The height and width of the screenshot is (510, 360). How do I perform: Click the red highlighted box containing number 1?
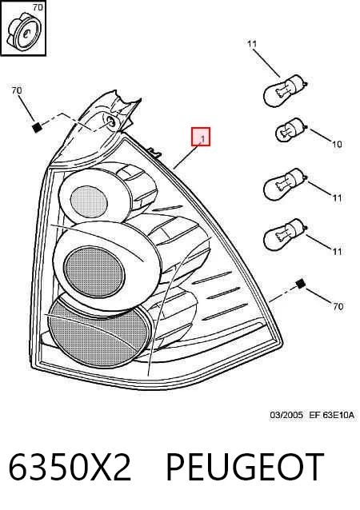201,137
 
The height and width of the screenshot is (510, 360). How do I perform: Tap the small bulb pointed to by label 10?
290,130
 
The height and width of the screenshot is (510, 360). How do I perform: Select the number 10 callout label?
337,143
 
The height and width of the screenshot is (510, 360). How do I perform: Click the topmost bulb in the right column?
285,90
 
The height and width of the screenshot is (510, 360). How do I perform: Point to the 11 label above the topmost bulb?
252,44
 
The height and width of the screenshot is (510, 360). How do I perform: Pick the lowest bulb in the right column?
285,234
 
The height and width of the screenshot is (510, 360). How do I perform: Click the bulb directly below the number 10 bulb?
285,184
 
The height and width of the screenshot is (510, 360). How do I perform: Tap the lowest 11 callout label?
337,251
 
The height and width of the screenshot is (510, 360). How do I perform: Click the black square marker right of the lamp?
301,284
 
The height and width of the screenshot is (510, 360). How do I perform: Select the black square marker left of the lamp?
37,127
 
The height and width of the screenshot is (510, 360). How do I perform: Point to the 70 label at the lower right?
338,306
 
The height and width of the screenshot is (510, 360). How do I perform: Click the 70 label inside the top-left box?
38,7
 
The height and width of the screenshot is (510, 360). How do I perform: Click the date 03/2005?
286,415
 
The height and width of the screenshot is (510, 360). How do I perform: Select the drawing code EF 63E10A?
331,415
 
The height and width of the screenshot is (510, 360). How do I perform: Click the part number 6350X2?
70,467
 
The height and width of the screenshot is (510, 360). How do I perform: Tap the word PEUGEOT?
245,467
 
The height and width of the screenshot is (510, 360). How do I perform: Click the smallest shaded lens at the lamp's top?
89,201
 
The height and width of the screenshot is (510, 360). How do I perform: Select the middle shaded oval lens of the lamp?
94,272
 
